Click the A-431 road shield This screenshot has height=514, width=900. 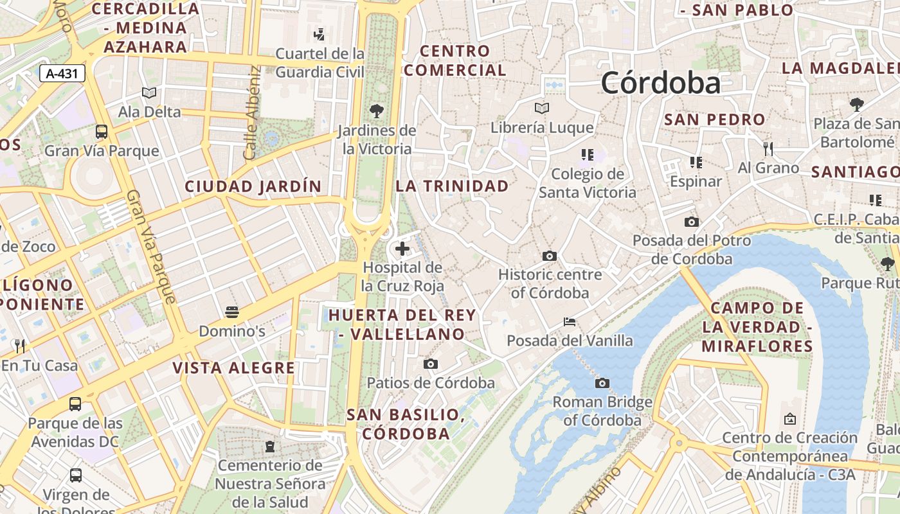[62, 73]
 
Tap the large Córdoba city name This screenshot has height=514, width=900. [660, 83]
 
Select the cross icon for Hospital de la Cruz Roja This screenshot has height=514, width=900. [402, 249]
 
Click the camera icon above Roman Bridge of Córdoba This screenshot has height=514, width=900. [602, 384]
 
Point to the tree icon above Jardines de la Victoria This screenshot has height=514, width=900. [377, 111]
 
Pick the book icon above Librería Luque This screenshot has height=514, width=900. [542, 109]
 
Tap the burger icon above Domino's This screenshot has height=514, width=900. [232, 313]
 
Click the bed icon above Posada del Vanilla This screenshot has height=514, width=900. [570, 321]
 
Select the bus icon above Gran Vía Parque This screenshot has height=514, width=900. [102, 132]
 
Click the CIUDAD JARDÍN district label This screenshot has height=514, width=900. [253, 186]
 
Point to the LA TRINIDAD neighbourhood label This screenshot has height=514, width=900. [452, 186]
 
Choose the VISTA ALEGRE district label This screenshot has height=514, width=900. [233, 368]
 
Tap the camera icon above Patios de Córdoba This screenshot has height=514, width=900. [431, 364]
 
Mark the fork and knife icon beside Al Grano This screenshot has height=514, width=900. [768, 149]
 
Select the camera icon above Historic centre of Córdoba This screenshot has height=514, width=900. [549, 256]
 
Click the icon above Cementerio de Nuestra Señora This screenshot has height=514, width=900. [269, 446]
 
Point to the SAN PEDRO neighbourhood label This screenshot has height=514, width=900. [714, 120]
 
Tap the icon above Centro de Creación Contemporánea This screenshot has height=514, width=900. [790, 419]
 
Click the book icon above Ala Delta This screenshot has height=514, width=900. [149, 93]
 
